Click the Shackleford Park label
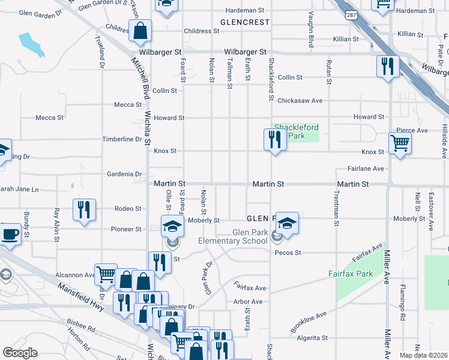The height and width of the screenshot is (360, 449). click(297, 131)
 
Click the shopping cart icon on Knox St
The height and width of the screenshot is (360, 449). click(400, 144)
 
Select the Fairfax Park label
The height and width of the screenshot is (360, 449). click(351, 274)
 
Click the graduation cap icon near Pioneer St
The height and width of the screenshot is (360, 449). click(172, 226)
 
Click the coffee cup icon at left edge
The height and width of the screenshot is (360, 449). click(10, 234)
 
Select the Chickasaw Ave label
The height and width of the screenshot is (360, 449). click(301, 100)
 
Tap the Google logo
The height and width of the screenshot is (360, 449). click(20, 353)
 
